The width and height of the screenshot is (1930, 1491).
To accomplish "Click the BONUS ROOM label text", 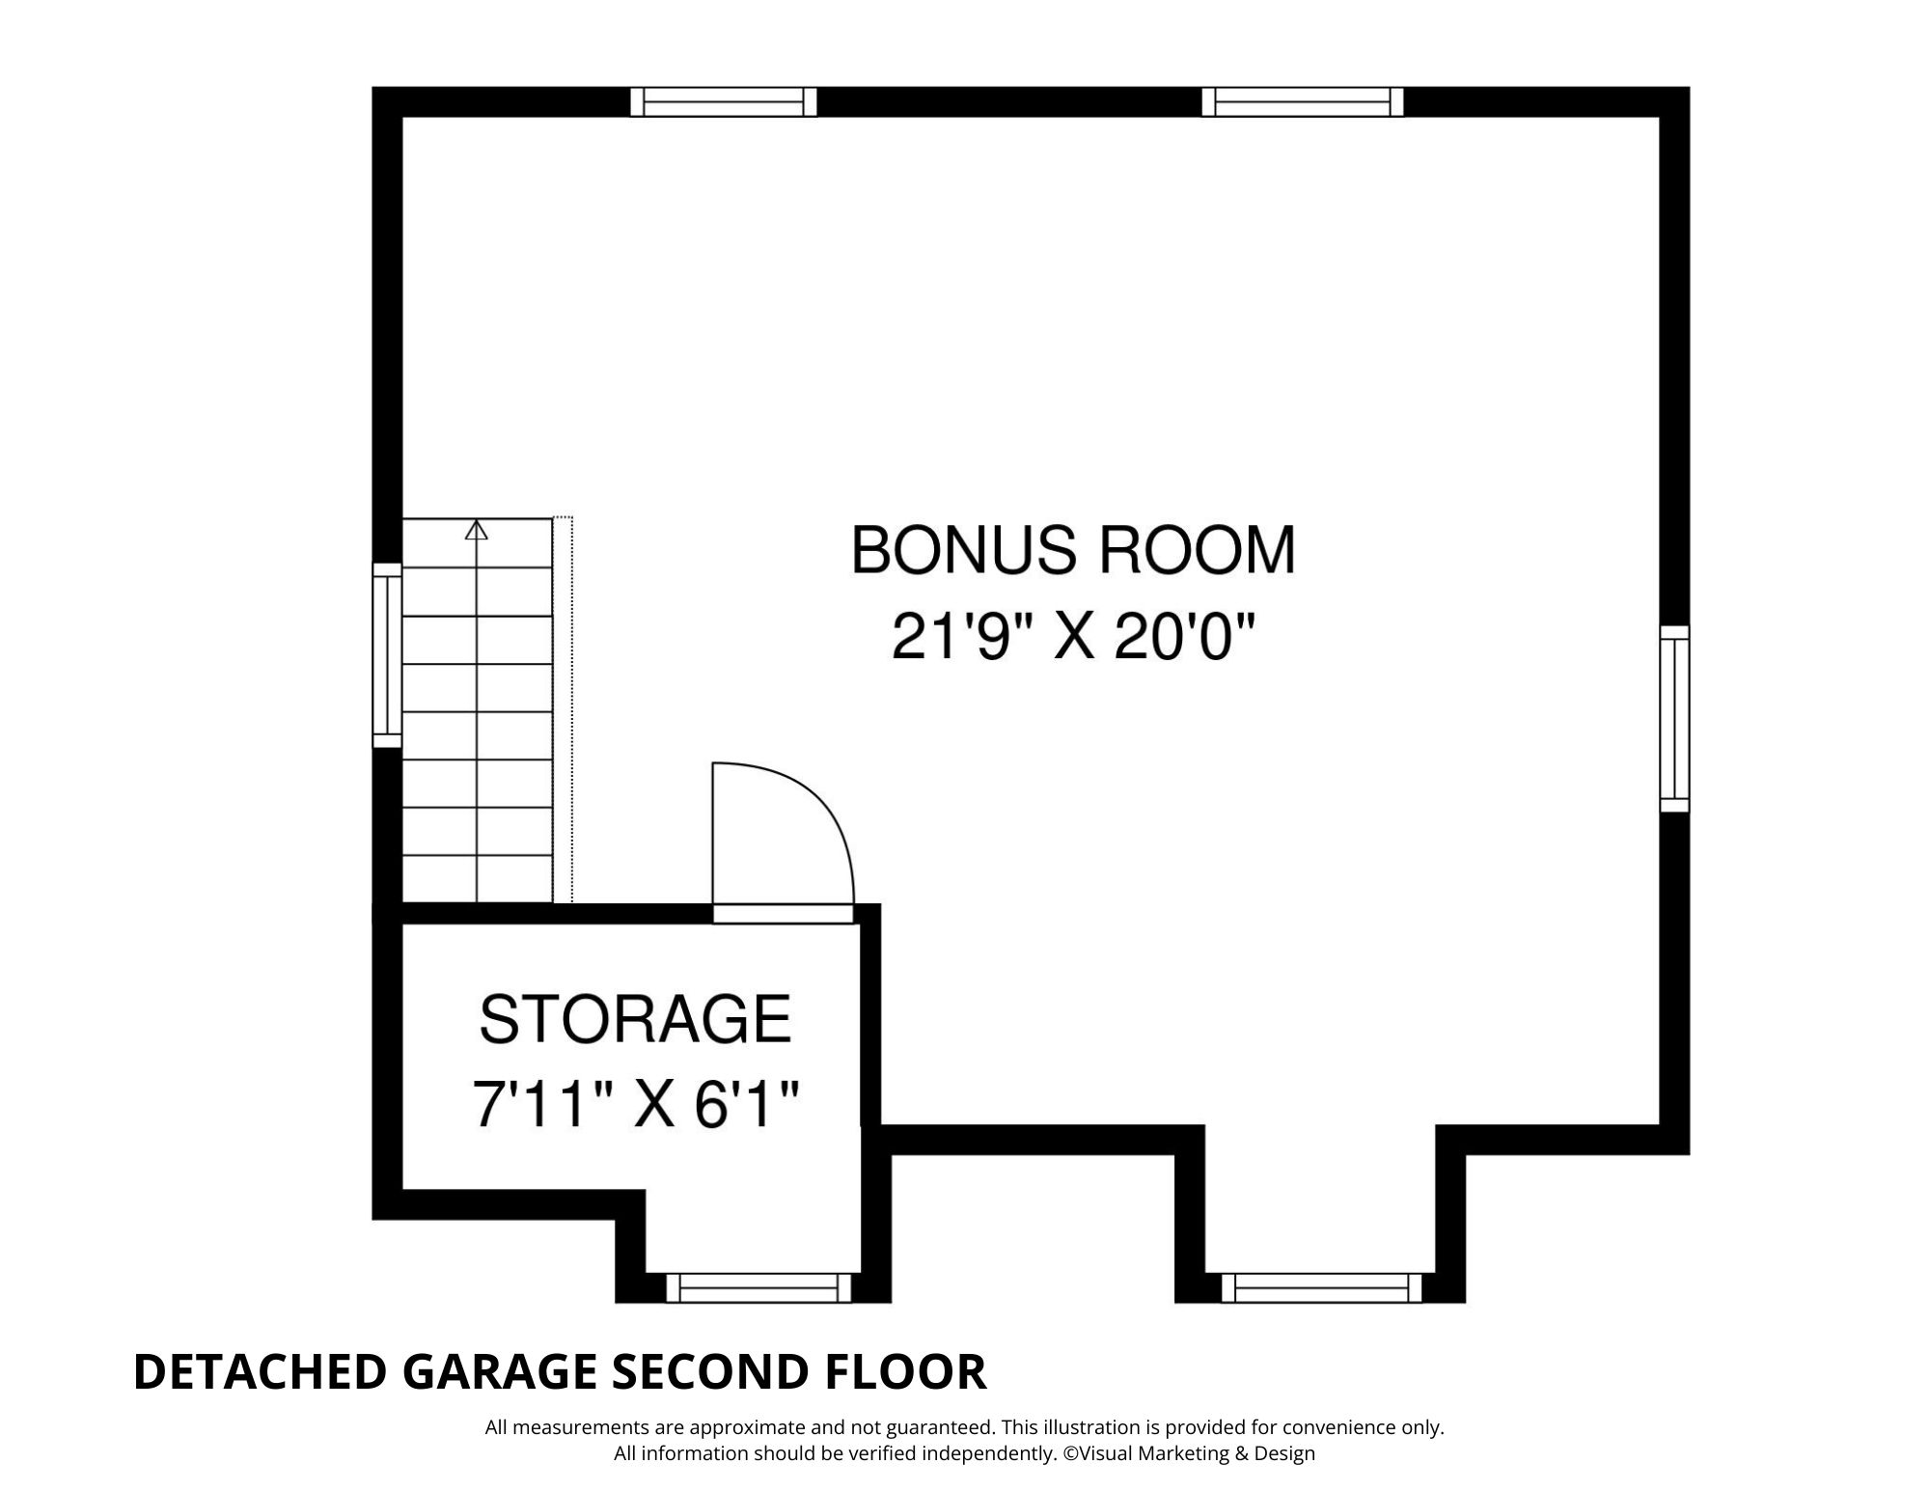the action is pyautogui.click(x=1072, y=550).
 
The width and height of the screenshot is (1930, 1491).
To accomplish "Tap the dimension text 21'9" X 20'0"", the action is pyautogui.click(x=1073, y=636).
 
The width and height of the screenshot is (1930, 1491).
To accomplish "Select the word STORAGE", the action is pyautogui.click(x=635, y=1019).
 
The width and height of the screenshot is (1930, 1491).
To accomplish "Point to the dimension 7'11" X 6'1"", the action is pyautogui.click(x=637, y=1103).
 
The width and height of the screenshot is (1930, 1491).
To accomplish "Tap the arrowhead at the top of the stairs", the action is pyautogui.click(x=476, y=530).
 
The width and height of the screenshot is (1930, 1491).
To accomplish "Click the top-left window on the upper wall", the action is pyautogui.click(x=724, y=101).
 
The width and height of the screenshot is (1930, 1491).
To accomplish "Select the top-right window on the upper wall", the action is pyautogui.click(x=1303, y=101).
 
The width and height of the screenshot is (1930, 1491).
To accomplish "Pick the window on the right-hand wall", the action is pyautogui.click(x=1675, y=719).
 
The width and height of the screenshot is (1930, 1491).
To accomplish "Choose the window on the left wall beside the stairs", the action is pyautogui.click(x=387, y=655).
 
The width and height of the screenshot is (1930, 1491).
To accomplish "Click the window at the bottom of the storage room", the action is pyautogui.click(x=759, y=1287).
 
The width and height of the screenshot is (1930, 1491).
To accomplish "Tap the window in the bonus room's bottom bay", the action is pyautogui.click(x=1322, y=1287).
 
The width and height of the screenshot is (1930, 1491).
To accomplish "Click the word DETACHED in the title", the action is pyautogui.click(x=260, y=1372).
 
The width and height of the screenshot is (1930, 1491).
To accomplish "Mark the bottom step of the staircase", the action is pyautogui.click(x=477, y=879).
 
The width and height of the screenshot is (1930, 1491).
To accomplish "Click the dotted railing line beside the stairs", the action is pyautogui.click(x=571, y=710).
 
